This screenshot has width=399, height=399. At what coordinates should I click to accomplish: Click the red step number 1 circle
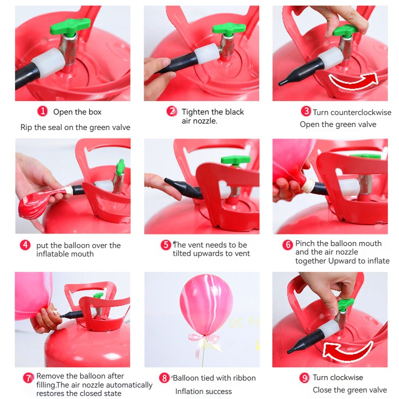[42, 111]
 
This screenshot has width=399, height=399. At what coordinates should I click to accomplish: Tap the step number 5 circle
[166, 245]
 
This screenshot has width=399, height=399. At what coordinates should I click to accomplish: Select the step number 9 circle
[304, 378]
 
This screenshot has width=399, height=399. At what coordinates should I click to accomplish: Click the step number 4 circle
[25, 245]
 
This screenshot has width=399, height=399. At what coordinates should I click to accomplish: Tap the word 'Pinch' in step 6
[305, 244]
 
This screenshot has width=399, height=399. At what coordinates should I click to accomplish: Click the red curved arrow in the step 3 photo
[353, 81]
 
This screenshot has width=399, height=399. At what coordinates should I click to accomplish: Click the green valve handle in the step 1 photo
[70, 26]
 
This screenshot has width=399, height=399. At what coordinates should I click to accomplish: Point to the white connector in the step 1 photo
[49, 63]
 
